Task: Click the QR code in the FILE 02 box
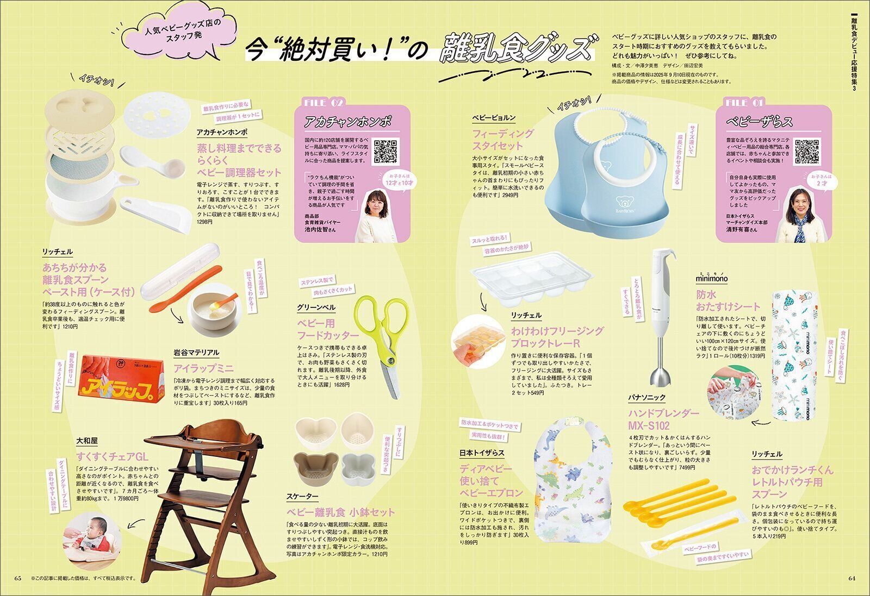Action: (387, 152)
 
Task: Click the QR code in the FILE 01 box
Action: (807, 152)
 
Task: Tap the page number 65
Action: (17, 578)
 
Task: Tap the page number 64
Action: (852, 578)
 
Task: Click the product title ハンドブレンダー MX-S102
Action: (660, 419)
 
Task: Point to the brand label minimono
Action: (712, 279)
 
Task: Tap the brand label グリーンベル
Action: (316, 308)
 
